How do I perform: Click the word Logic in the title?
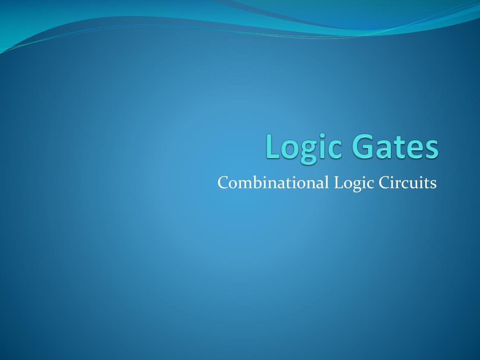[303, 147]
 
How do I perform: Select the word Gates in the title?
[396, 147]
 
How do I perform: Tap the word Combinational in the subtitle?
[273, 182]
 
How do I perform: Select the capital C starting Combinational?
[223, 182]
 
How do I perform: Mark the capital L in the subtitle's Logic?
[337, 182]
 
